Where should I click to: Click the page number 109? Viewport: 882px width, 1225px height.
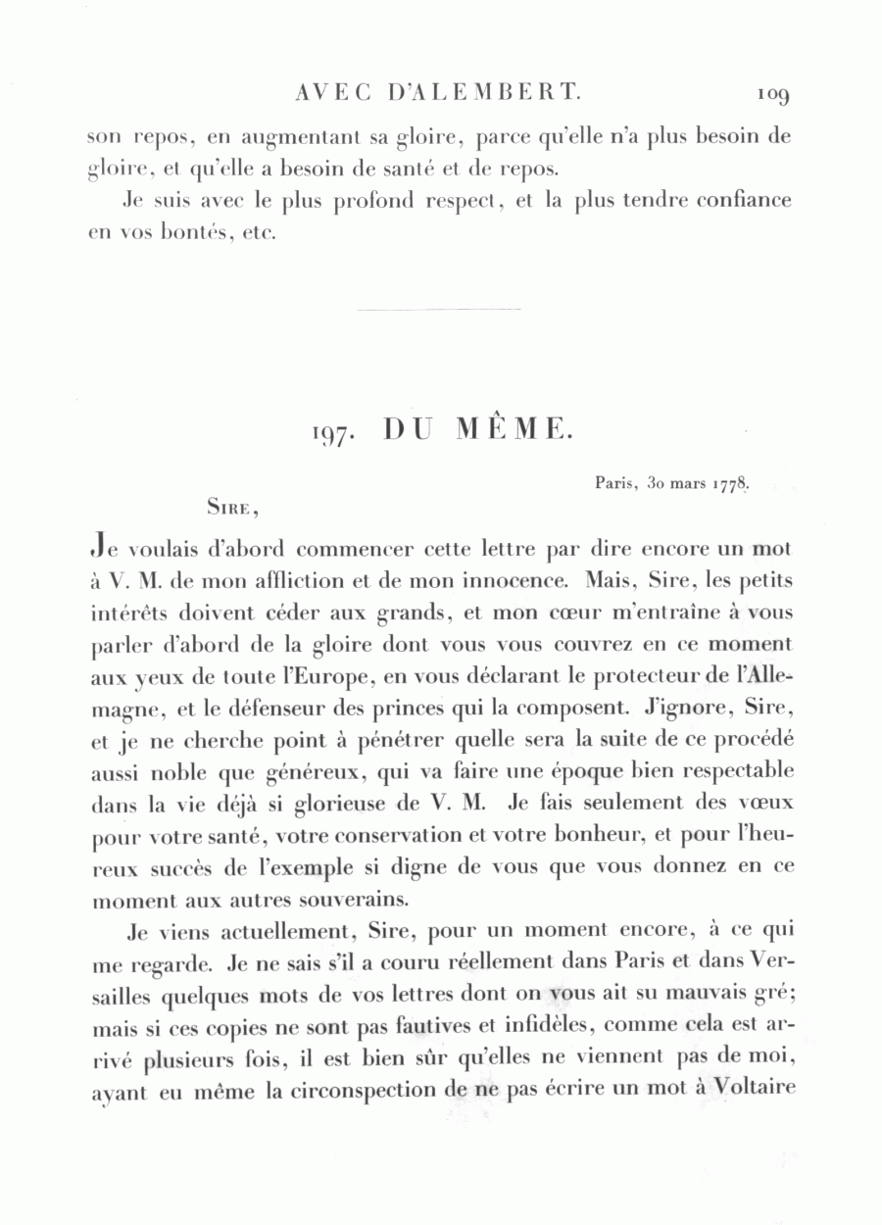[x=773, y=95]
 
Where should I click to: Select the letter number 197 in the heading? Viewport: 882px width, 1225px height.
[x=331, y=431]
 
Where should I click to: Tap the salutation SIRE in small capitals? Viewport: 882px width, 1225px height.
[x=231, y=508]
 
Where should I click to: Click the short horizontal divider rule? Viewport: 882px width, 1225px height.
[x=439, y=311]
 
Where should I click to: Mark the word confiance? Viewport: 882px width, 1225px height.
[x=735, y=200]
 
